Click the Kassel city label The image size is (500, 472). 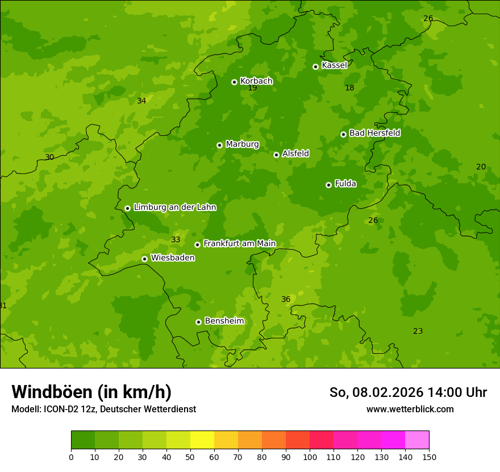click(334, 65)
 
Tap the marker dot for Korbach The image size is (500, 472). click(234, 82)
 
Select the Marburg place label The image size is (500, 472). click(242, 144)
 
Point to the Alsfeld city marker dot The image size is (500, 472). click(276, 155)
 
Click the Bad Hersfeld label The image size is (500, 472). click(374, 133)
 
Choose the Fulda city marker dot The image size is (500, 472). click(328, 185)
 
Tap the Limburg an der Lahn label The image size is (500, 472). click(174, 208)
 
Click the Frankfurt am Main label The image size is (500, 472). click(239, 244)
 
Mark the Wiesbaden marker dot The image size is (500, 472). click(144, 259)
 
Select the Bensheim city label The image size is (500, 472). click(224, 321)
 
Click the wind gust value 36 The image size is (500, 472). click(286, 300)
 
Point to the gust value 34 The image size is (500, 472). click(141, 101)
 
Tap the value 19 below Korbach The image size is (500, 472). click(252, 88)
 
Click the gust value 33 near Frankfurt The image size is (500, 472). click(176, 240)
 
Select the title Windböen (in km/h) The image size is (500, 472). click(91, 392)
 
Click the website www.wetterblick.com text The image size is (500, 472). click(410, 409)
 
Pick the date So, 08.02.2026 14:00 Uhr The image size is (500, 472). click(408, 392)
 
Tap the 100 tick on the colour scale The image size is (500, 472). click(310, 457)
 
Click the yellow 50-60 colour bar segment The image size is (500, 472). click(202, 440)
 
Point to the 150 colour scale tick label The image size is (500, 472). click(429, 457)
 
